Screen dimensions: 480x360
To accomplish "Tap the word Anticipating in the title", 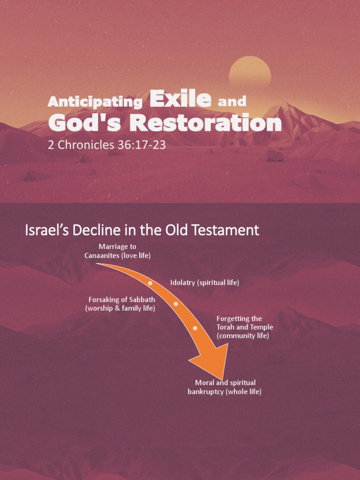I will tap(95, 102).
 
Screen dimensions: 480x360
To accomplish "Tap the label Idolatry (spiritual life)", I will tap(205, 283).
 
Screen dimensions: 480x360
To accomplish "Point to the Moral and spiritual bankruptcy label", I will tap(225, 387).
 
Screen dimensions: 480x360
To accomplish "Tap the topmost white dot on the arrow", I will tap(150, 283).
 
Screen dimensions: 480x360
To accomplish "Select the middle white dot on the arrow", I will tap(176, 304).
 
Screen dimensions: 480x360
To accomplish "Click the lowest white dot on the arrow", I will tap(195, 328).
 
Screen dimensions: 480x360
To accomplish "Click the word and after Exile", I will tap(232, 101).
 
